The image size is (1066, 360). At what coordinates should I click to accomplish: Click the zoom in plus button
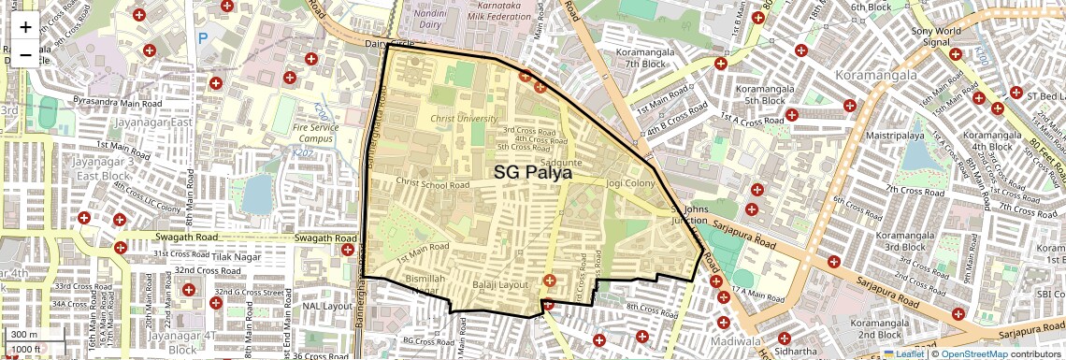click(25, 26)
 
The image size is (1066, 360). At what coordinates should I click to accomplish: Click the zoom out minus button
click(25, 54)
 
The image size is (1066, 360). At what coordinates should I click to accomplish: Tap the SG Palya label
click(533, 172)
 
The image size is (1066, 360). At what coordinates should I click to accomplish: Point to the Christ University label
click(465, 119)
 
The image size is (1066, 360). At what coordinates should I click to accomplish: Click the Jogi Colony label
click(630, 183)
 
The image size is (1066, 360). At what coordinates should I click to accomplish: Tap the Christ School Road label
click(432, 184)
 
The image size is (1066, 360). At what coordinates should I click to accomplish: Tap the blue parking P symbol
click(203, 38)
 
